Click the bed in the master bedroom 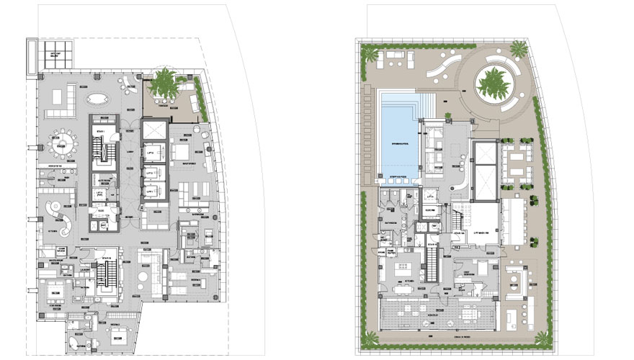pos(181,153)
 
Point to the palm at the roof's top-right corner pos(519,49)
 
